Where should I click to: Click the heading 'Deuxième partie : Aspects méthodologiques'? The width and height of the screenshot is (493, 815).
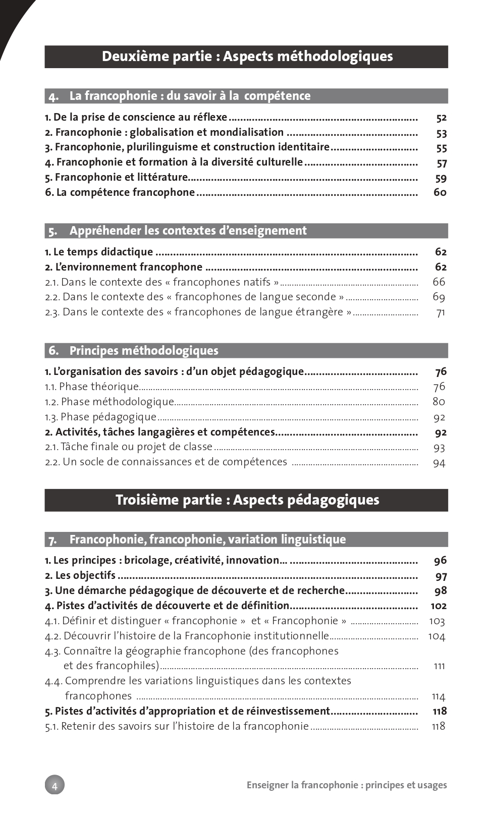click(247, 57)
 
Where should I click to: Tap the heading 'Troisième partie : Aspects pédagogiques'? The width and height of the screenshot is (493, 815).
click(247, 500)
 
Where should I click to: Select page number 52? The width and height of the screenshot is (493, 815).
click(441, 118)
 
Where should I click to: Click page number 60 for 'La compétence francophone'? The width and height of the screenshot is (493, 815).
click(440, 192)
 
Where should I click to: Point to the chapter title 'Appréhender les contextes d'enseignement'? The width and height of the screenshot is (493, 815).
click(188, 231)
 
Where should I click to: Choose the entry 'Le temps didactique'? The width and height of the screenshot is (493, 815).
click(99, 252)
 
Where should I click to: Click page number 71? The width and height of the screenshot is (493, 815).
click(441, 312)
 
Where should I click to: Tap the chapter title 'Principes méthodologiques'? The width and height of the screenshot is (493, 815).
click(144, 351)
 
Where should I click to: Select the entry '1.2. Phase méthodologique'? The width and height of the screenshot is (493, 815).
click(109, 402)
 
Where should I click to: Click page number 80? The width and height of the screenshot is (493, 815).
click(439, 402)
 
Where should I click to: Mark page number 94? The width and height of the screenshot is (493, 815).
click(439, 463)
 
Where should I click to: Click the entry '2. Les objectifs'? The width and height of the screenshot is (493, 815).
click(80, 575)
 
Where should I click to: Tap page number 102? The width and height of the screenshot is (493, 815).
click(439, 606)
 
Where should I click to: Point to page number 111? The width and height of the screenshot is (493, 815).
click(439, 666)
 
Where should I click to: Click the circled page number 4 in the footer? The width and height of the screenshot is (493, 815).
click(54, 785)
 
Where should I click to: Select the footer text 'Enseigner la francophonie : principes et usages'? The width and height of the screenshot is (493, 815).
click(347, 785)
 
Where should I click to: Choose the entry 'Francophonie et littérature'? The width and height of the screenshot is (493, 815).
click(117, 177)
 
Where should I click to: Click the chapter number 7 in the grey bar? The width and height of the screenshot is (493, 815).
click(52, 540)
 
